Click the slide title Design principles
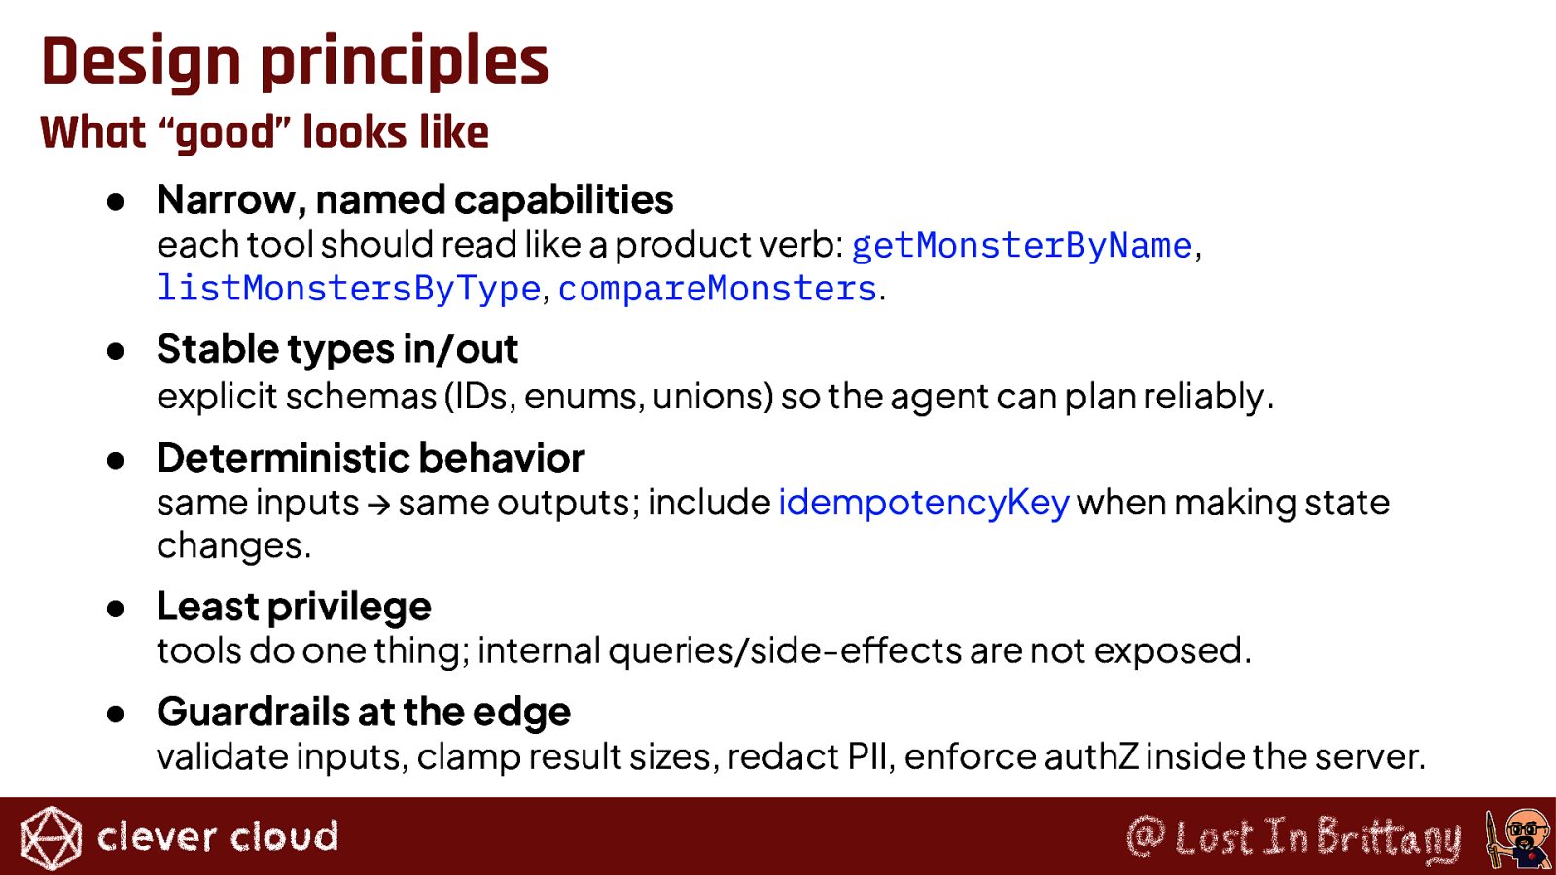coord(296,62)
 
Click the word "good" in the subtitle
coord(228,133)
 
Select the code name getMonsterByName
coord(1022,245)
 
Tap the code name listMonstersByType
coord(349,288)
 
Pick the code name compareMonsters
coord(718,288)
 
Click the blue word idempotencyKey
coord(924,503)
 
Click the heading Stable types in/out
coord(337,349)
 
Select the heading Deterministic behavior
coord(371,458)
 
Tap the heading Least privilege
coord(294,607)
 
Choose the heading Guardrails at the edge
coord(364,712)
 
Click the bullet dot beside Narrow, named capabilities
coord(116,202)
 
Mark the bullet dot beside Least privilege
coord(116,609)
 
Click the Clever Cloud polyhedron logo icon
coord(51,838)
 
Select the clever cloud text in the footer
coord(218,836)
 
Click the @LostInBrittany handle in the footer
coord(1293,837)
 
